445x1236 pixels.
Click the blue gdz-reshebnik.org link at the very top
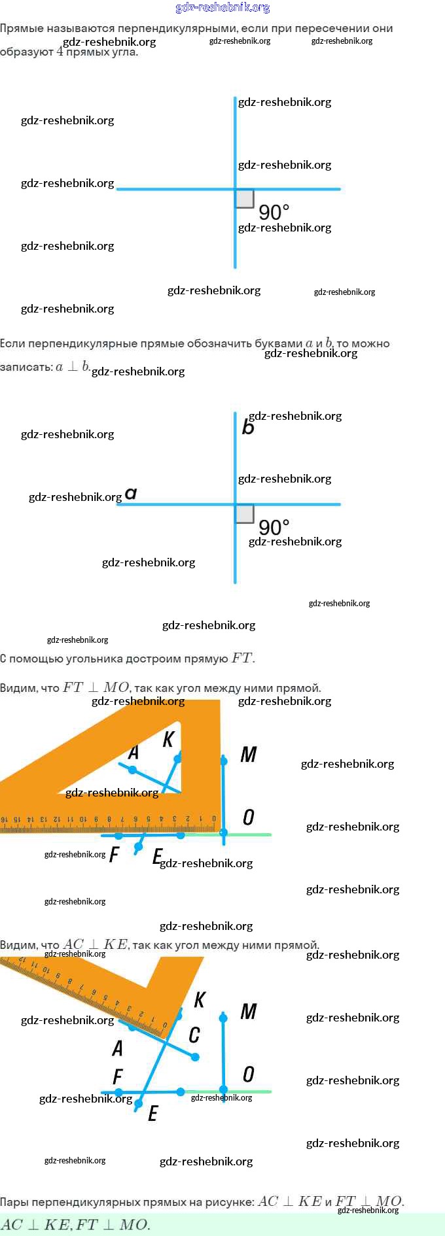click(222, 8)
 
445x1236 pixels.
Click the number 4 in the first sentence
click(60, 52)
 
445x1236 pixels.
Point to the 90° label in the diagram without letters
click(274, 213)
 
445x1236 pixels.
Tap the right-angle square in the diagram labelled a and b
click(245, 514)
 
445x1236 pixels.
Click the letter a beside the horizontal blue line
click(131, 493)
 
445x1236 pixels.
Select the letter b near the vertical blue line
click(248, 427)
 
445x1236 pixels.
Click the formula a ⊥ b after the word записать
click(73, 367)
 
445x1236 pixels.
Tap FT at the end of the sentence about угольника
click(242, 659)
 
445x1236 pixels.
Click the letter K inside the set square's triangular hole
click(168, 740)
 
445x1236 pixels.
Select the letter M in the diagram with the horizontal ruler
click(249, 755)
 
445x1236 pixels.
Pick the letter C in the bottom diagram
click(194, 1035)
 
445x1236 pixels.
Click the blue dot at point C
click(195, 1057)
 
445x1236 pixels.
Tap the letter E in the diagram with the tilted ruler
click(152, 1113)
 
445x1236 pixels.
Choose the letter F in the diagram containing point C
click(118, 1076)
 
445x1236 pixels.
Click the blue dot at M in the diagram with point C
click(223, 1018)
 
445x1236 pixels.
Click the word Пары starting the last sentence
click(14, 1202)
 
